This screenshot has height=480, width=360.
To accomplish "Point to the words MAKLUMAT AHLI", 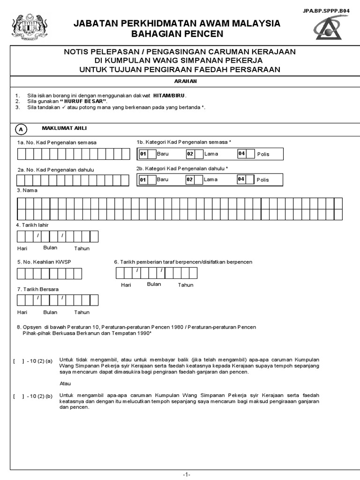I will click(64, 128).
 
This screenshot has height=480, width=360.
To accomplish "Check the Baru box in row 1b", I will click(152, 154).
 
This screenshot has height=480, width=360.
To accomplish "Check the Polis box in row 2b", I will click(250, 180).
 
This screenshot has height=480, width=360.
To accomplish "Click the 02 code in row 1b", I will click(190, 154).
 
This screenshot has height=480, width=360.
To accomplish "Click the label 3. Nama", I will click(27, 190).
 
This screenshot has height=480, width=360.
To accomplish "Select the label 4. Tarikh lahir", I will click(33, 225).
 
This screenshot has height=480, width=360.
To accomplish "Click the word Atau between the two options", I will click(65, 383).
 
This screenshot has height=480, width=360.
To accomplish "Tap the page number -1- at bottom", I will click(186, 474).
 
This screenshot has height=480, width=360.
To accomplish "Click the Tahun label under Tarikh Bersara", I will click(82, 312).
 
